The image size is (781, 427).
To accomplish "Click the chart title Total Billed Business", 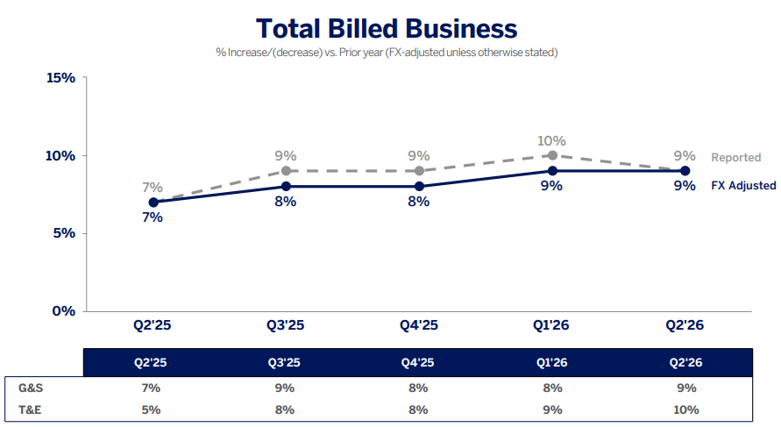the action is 387,28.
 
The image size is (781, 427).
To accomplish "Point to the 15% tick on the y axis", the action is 60,78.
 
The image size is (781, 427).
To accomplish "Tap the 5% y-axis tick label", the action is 64,233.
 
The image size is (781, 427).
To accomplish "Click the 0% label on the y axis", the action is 64,311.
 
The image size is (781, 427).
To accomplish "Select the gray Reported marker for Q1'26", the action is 552,155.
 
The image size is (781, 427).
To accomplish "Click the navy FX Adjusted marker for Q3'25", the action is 286,187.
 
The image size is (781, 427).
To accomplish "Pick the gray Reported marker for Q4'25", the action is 419,171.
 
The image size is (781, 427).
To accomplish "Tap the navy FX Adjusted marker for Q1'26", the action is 552,171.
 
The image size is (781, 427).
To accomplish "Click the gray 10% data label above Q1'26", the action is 551,141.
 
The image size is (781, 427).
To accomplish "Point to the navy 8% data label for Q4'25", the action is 419,202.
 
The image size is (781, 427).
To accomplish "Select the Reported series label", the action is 736,158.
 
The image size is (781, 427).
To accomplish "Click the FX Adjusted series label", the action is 743,185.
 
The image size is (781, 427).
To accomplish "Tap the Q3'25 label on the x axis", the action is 286,325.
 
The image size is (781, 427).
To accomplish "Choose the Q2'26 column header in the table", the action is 685,362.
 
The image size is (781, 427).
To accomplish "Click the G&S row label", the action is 31,388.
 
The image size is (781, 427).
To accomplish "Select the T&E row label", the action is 30,409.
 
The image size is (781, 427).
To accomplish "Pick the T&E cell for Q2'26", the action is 686,409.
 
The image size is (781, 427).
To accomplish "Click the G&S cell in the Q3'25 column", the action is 285,388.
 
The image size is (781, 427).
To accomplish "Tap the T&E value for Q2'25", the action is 151,409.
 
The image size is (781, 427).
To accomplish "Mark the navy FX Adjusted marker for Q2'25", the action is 153,203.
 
